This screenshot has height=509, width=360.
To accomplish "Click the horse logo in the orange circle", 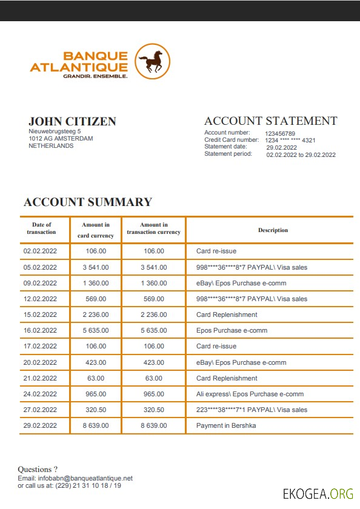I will point(152,61).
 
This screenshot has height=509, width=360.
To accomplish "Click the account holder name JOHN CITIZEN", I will point(72,121).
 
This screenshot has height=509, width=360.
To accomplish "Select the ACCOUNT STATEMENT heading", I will point(270,121).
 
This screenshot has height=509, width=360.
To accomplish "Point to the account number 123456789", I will point(280,133).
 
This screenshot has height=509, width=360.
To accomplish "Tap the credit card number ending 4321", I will point(290,141).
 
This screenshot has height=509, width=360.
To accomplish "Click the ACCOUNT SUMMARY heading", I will point(87,202).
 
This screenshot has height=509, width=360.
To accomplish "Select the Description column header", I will point(273,230).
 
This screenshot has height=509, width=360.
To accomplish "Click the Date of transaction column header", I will point(41,228).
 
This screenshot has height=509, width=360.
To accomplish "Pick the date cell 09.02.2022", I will point(40,283).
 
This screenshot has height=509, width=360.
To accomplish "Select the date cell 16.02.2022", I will point(40,330).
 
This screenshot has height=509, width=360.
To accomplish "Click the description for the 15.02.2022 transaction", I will point(227,314).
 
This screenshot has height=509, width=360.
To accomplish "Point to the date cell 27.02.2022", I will point(40,410).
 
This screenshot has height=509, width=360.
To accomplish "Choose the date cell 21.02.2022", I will point(40,378).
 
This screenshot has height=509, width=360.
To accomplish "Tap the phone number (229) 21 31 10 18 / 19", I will point(88,485).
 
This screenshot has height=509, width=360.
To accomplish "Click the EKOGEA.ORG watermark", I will point(318,493).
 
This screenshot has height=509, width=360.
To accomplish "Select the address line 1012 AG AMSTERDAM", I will point(61,138).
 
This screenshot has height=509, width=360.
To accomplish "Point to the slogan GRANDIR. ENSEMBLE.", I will point(95,76).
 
